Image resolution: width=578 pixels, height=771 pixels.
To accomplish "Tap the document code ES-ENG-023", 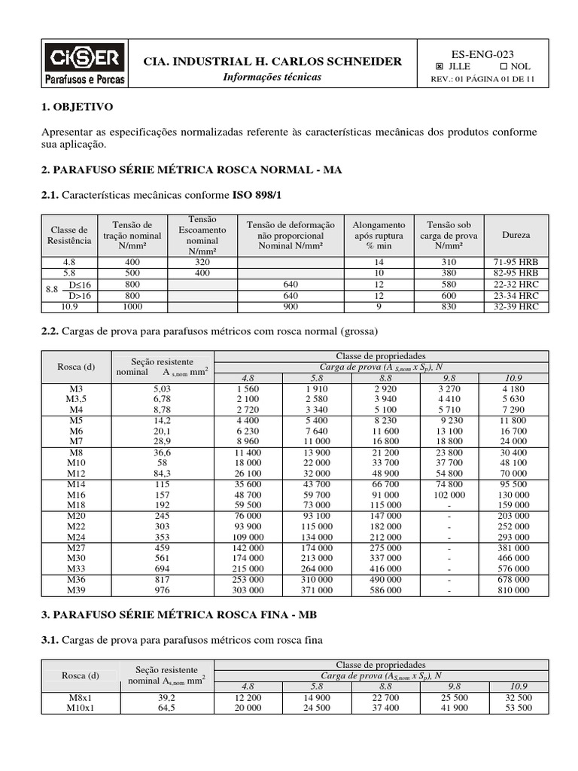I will pos(482,53).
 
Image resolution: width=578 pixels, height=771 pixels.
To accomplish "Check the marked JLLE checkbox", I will pos(440,66).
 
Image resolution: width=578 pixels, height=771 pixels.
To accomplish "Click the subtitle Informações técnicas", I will pos(272,77).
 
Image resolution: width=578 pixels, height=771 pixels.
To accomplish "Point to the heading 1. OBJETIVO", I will pos(78,108).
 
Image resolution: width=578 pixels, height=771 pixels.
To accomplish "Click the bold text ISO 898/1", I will pos(257,195).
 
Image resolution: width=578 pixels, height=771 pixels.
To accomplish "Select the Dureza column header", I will pos(516,235).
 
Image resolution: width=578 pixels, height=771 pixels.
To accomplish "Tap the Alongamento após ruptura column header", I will pos(379,235).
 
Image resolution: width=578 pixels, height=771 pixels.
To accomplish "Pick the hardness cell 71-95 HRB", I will pos(516,261).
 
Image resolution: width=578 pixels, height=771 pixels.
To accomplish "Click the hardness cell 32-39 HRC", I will pos(516,306).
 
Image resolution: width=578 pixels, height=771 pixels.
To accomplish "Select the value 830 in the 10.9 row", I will pos(449,306).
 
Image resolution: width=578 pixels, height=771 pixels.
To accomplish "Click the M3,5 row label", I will pos(77,398).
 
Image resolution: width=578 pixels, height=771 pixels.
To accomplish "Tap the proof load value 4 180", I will pos(518,388).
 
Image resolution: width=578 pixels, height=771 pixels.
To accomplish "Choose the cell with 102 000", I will pos(449,495).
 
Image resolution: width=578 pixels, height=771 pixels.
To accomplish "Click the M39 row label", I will pos(77,591).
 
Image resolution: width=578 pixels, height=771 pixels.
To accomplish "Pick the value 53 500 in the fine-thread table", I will pos(518,709).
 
